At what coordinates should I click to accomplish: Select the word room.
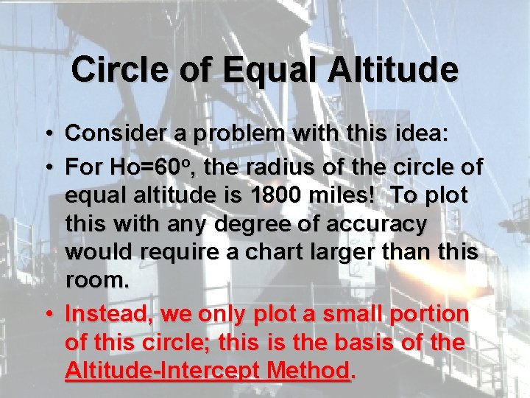96,280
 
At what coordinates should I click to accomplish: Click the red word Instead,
109,314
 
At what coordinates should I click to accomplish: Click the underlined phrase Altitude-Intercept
174,370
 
